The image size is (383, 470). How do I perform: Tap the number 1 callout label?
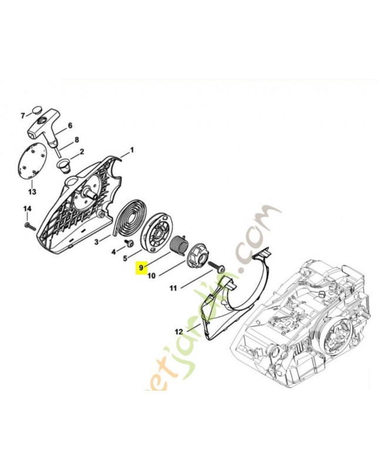click(132, 150)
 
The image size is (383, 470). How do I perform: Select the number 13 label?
click(32, 192)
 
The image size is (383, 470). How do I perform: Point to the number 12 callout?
click(179, 331)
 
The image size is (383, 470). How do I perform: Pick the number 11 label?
click(173, 288)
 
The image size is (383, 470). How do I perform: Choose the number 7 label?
click(23, 115)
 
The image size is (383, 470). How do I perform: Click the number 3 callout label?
click(96, 241)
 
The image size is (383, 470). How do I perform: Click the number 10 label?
click(151, 275)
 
